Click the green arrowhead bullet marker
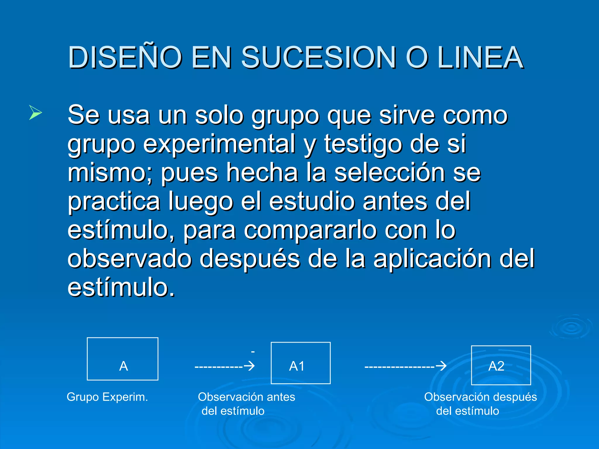click(x=35, y=113)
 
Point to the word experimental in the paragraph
click(x=219, y=144)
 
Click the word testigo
click(x=363, y=144)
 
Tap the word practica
click(x=114, y=202)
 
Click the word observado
click(x=130, y=259)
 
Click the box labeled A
click(x=123, y=359)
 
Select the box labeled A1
click(x=301, y=363)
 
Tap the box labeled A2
click(x=501, y=365)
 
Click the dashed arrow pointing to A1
click(x=225, y=366)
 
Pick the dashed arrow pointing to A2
click(x=405, y=366)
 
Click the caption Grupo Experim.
click(x=107, y=397)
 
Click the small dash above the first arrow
click(x=253, y=352)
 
